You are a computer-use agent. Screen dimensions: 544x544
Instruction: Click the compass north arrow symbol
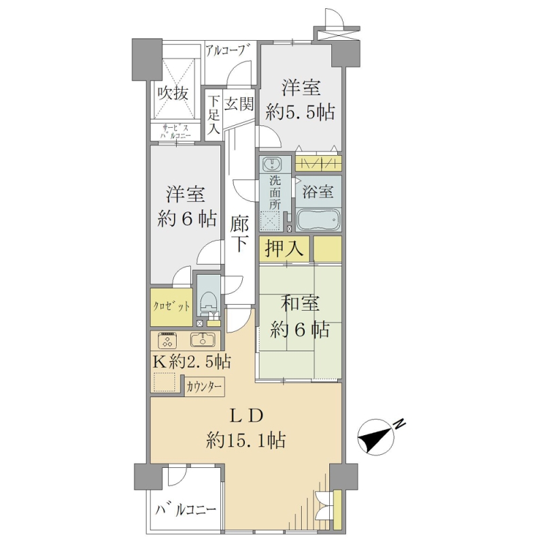pos(377,437)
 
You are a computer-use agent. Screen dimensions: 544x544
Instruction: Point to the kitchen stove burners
pos(168,340)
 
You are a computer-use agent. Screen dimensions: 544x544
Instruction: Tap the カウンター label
pos(204,387)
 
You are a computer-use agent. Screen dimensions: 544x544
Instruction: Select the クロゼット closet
pos(171,307)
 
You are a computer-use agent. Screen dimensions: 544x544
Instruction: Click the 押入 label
pos(284,248)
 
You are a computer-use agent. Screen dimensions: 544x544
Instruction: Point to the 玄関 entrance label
pos(239,103)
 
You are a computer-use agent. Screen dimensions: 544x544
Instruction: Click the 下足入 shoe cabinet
pos(214,115)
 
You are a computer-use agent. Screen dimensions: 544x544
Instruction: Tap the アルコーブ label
pos(228,52)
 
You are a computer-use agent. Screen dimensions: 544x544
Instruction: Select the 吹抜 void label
pos(173,93)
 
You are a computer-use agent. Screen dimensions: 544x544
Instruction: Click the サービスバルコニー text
pos(175,131)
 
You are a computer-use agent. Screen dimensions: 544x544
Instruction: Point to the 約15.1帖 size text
pos(245,440)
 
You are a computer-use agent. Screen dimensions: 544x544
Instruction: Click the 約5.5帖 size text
pos(300,112)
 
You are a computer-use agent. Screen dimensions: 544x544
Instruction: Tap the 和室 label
pos(300,304)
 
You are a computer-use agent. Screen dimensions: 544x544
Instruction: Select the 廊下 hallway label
pos(239,233)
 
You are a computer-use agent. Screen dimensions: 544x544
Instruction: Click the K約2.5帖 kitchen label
pos(192,362)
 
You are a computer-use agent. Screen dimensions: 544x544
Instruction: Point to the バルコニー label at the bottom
pos(186,510)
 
